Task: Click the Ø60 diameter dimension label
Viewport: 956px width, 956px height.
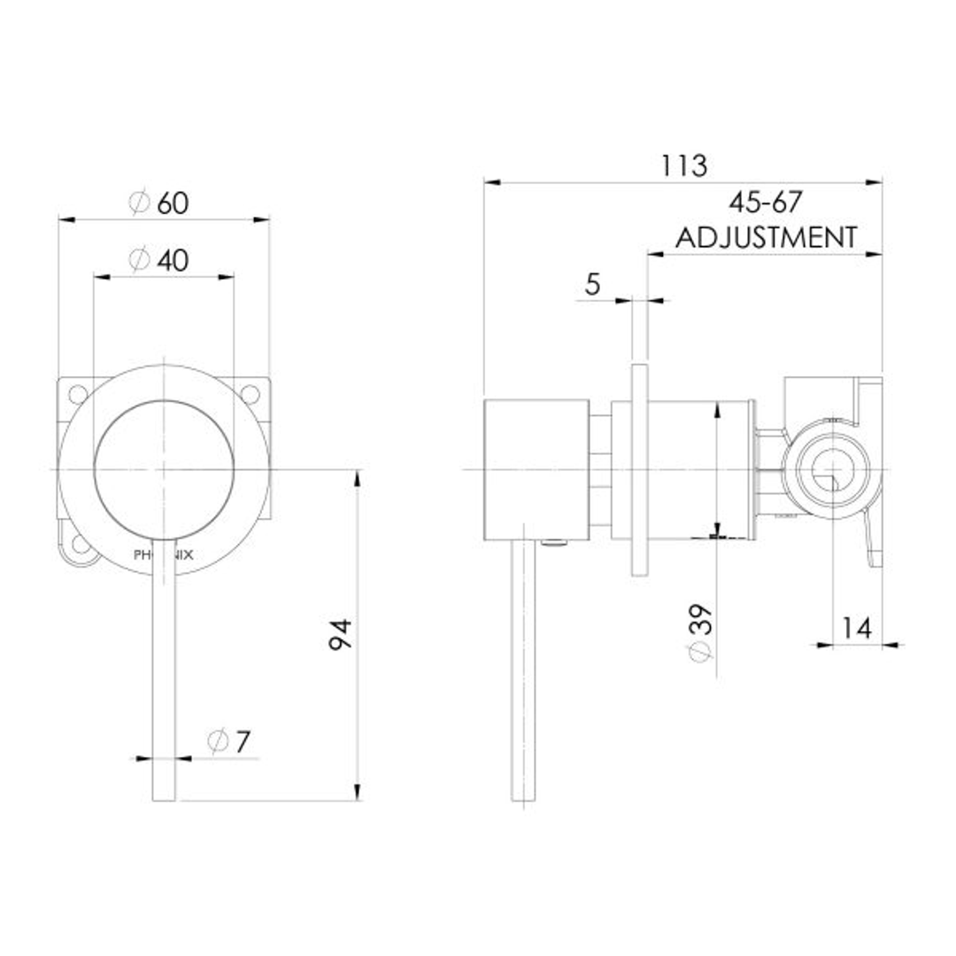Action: pyautogui.click(x=159, y=204)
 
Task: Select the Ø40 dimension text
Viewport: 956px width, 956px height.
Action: pyautogui.click(x=159, y=260)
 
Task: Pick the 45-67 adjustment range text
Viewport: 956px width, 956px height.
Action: pyautogui.click(x=765, y=203)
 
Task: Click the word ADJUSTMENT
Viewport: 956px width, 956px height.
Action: pyautogui.click(x=766, y=237)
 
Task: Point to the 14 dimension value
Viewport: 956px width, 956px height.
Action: pyautogui.click(x=856, y=628)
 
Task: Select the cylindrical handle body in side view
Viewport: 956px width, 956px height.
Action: pyautogui.click(x=536, y=468)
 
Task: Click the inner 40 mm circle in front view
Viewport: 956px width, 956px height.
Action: pyautogui.click(x=164, y=468)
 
